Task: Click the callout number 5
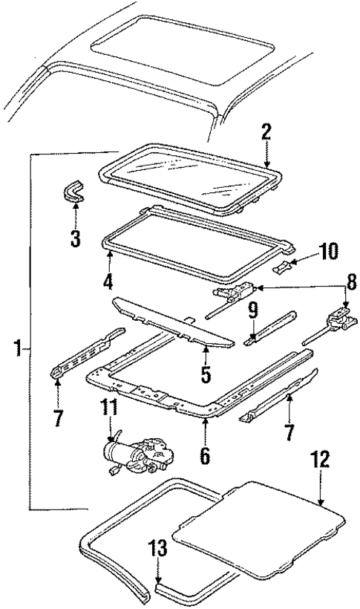click(206, 371)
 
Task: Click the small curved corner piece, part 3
click(74, 194)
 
